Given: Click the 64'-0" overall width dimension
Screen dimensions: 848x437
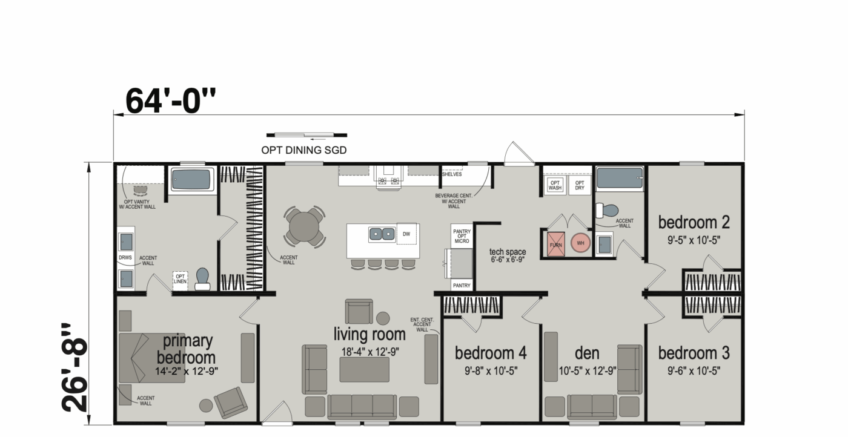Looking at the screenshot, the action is click(x=170, y=101).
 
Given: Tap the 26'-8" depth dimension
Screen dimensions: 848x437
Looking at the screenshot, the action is click(x=74, y=367).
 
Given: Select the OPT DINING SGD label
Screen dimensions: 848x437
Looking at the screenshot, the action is click(x=304, y=150).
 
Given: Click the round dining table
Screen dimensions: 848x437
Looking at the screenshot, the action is click(x=304, y=226).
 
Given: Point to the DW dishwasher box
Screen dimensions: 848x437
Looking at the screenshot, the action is click(x=406, y=234).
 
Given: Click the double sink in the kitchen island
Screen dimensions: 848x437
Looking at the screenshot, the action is click(x=382, y=234).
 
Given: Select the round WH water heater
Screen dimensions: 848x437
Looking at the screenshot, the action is click(x=580, y=243).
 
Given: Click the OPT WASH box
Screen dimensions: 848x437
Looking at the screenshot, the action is click(x=555, y=185).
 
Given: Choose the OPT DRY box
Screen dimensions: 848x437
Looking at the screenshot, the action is click(x=580, y=185).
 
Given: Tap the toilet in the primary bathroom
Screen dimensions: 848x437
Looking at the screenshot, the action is click(x=202, y=279).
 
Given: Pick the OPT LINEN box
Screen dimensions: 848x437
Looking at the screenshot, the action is click(x=181, y=281).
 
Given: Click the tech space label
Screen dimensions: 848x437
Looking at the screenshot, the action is click(x=508, y=252).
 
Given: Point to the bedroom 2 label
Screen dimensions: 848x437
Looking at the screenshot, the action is click(x=694, y=222).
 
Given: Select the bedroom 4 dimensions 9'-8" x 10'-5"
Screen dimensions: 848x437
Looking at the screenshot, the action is click(x=491, y=371).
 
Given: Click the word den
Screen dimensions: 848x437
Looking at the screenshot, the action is click(x=587, y=353).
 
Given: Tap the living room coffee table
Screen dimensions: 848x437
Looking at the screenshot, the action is click(x=364, y=370).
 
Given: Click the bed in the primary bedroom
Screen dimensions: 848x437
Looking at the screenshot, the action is click(x=152, y=358).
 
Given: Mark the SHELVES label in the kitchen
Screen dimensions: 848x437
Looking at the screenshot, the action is click(x=452, y=174).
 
